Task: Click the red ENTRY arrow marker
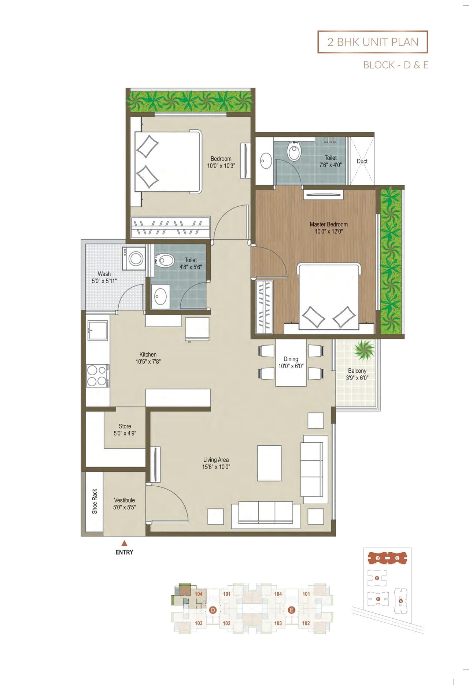pyautogui.click(x=124, y=543)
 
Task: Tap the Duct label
pyautogui.click(x=362, y=161)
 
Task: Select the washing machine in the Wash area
pyautogui.click(x=134, y=258)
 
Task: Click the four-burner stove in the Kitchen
pyautogui.click(x=97, y=376)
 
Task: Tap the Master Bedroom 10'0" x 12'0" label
pyautogui.click(x=329, y=228)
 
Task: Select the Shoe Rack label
pyautogui.click(x=95, y=501)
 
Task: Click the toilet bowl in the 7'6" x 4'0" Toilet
pyautogui.click(x=294, y=151)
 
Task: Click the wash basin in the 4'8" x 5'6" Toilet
pyautogui.click(x=160, y=296)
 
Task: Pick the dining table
pyautogui.click(x=291, y=363)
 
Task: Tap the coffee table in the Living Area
pyautogui.click(x=269, y=463)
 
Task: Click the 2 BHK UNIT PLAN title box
pyautogui.click(x=373, y=42)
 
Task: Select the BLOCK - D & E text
pyautogui.click(x=396, y=65)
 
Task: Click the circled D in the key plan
pyautogui.click(x=213, y=610)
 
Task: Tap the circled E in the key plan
pyautogui.click(x=292, y=610)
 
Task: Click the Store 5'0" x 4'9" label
pyautogui.click(x=125, y=430)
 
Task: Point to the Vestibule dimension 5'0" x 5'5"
pyautogui.click(x=124, y=508)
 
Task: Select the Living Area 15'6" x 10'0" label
pyautogui.click(x=216, y=463)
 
